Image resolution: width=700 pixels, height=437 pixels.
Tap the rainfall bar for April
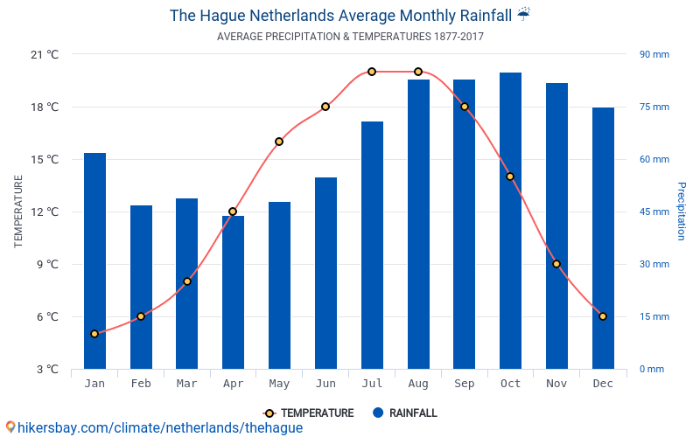[233, 292]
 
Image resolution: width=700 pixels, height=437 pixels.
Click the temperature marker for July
[372, 72]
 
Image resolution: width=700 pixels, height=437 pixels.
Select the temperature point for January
[94, 334]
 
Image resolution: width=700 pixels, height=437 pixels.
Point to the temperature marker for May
[279, 142]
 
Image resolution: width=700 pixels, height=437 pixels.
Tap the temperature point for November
[556, 264]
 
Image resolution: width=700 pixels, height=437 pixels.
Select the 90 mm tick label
[654, 54]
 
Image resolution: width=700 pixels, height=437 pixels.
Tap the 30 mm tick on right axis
[654, 264]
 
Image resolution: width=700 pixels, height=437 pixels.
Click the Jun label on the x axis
[325, 384]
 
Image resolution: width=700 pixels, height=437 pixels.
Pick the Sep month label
[464, 384]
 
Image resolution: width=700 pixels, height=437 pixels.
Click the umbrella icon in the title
[523, 14]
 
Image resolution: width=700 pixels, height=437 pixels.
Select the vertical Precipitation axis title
[682, 212]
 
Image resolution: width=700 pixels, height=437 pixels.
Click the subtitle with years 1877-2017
[350, 37]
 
